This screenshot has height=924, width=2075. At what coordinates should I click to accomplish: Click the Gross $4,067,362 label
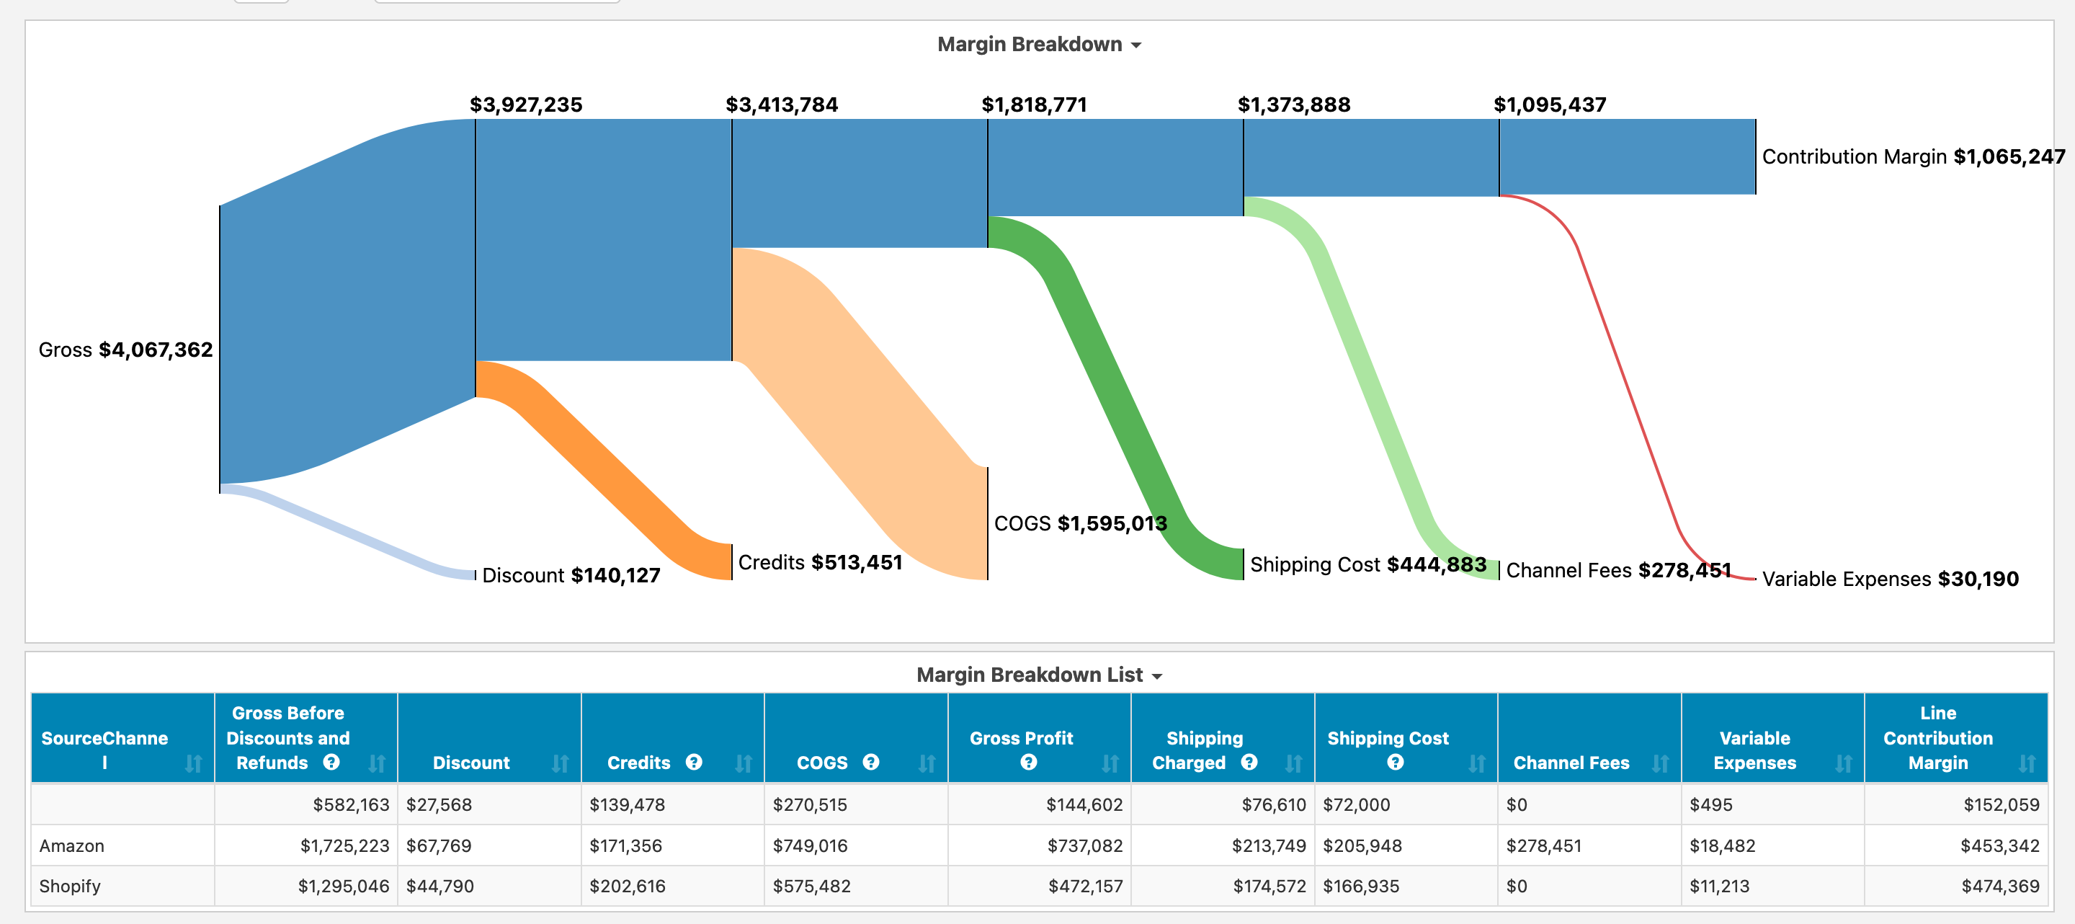(125, 350)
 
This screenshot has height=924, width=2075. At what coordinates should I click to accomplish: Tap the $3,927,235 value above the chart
(525, 105)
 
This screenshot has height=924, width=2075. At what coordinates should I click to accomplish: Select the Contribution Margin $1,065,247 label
(1912, 156)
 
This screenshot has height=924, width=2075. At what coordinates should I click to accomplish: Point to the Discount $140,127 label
(571, 575)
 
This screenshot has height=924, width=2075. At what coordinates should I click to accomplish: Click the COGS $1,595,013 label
(1079, 524)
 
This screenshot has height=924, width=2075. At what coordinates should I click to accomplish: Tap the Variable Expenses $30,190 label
(1890, 579)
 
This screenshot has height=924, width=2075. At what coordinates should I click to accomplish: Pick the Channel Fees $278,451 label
(1617, 570)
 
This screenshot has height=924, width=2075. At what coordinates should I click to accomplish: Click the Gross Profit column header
(1021, 738)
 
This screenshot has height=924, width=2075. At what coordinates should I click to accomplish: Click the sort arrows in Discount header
(560, 763)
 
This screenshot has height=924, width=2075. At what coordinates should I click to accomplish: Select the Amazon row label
(72, 846)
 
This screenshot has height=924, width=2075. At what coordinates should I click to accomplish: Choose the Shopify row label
(70, 886)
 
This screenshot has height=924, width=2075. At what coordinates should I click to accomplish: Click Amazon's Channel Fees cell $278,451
(1543, 846)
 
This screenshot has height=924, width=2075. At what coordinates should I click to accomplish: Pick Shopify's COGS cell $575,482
(811, 886)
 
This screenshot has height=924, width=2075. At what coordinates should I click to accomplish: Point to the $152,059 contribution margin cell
(2000, 805)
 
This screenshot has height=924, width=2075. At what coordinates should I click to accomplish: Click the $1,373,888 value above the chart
(1294, 105)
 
